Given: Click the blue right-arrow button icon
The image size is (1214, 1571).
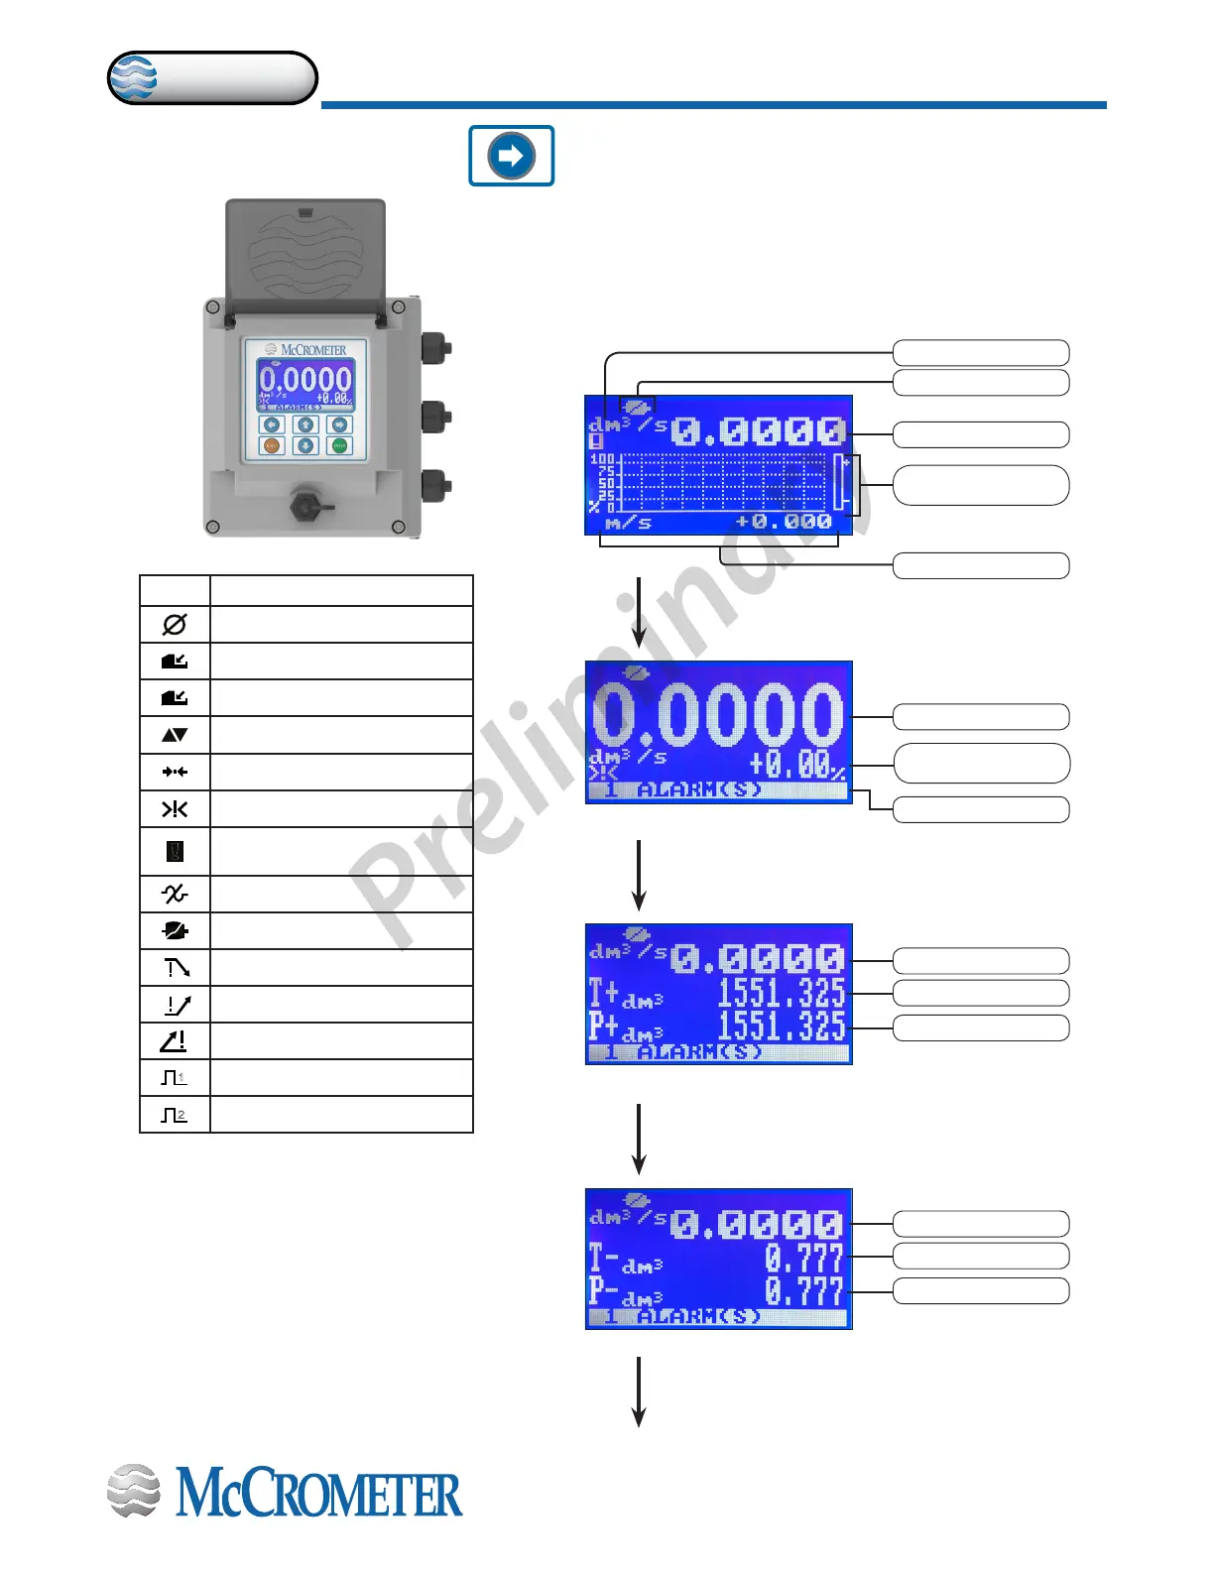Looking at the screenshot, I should tap(512, 156).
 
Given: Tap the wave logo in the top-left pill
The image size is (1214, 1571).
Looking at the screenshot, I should tap(134, 77).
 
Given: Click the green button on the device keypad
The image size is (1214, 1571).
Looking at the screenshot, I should tap(340, 446).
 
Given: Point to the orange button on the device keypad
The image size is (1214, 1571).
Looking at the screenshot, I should tap(272, 446).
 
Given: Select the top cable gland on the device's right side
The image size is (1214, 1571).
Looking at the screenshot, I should tap(435, 348).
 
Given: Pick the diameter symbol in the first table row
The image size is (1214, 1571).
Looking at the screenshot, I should tap(175, 625).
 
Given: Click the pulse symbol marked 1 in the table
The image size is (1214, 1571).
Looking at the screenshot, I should tap(175, 1078).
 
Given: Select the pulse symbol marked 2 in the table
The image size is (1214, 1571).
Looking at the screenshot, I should tap(175, 1115).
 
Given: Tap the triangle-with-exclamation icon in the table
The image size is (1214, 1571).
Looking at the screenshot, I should tap(175, 1041).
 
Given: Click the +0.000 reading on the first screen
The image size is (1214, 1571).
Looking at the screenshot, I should tap(784, 522).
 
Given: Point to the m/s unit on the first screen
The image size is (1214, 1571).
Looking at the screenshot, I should tap(628, 523).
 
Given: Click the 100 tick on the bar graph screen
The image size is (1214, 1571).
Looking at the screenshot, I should tap(602, 460).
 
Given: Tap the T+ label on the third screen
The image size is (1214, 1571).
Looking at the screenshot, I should tap(604, 992).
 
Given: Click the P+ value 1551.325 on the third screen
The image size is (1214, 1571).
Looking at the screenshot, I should tap(782, 1027).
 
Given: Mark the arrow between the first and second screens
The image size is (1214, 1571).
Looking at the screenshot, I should tap(639, 612).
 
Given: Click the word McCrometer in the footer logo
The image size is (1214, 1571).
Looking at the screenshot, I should tap(319, 1495).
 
